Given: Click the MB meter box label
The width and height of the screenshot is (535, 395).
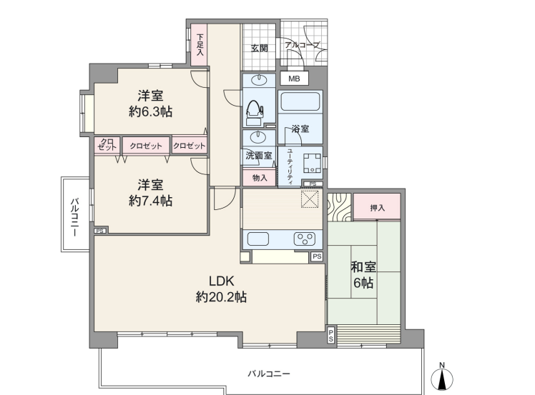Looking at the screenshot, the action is pos(294,79).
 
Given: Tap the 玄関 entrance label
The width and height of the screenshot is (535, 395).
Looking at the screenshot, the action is pos(260,49).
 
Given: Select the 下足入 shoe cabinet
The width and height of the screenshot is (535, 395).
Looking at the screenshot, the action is pos(199,44).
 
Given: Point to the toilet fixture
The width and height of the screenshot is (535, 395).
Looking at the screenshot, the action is pos(254,109).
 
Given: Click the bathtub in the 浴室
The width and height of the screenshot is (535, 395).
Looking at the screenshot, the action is pos(300,101).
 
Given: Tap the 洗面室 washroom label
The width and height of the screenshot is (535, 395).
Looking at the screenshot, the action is pos(259,156).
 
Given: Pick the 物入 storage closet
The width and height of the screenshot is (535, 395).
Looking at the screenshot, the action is pos(260,178).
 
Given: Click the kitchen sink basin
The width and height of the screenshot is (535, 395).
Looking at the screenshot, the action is pos(258,239).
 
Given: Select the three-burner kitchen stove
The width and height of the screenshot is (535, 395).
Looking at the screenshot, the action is pos(305,239).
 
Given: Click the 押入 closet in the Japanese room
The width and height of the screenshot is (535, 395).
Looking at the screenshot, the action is pos(377,206).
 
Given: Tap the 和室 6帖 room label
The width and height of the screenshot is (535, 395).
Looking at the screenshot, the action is pos(363,275).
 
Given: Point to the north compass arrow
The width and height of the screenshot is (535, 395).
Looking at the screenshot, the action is pos(442,379).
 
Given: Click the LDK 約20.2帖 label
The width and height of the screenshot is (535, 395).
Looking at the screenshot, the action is pos(221,289).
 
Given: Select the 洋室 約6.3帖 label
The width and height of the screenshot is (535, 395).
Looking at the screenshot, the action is pos(150,104).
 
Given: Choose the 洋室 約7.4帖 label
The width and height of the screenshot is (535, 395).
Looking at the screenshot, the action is pos(150,193).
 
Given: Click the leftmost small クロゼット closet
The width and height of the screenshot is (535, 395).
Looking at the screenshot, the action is pos(107,146).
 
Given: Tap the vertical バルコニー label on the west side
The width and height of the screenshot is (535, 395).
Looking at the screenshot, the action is pos(74,217).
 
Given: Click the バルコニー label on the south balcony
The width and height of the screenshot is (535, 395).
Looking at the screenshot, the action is pos(269,374).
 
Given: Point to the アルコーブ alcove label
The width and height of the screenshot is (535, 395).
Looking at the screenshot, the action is pos(303,45).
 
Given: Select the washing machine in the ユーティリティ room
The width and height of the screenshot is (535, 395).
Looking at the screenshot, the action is pos(312,163).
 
